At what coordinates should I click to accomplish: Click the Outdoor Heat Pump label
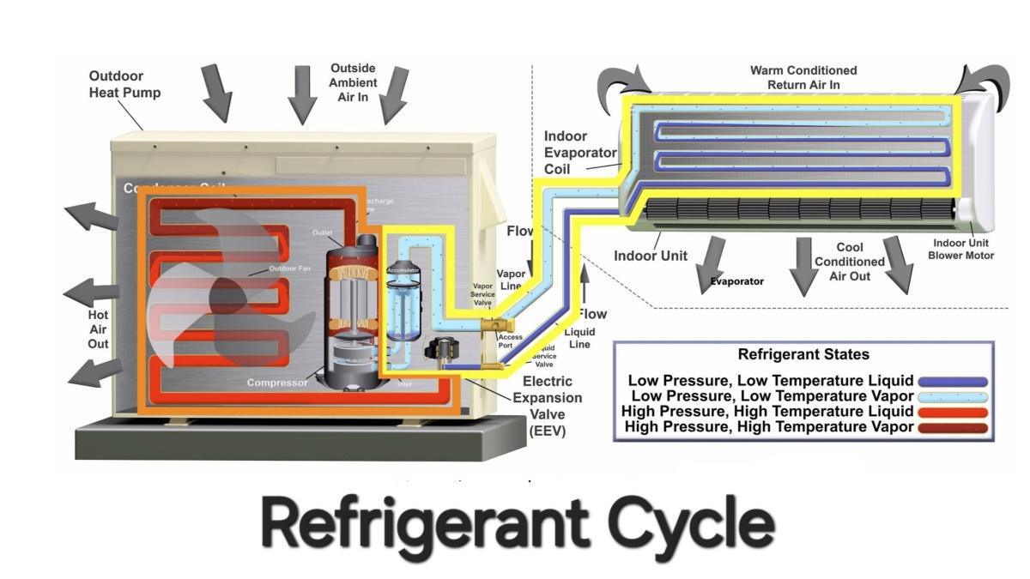[x=124, y=84]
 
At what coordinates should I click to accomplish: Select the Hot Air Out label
[x=98, y=329]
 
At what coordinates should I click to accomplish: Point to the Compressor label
[x=277, y=383]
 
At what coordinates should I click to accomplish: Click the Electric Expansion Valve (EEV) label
[x=548, y=406]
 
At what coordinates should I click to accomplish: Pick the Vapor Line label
[x=511, y=280]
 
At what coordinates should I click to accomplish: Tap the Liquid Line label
[x=579, y=338]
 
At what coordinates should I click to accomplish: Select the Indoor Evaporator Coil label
[x=566, y=152]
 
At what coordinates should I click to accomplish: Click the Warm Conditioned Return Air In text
[x=803, y=77]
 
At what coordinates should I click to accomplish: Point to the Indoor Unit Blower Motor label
[x=963, y=249]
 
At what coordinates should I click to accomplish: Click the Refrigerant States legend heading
[x=803, y=354]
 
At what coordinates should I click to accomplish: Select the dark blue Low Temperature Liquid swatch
[x=952, y=382]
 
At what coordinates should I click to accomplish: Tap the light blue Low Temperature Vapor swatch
[x=952, y=397]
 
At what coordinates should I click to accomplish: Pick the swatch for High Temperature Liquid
[x=952, y=413]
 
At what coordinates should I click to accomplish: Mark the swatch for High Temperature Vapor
[x=952, y=428]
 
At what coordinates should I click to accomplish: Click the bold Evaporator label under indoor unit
[x=736, y=280]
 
